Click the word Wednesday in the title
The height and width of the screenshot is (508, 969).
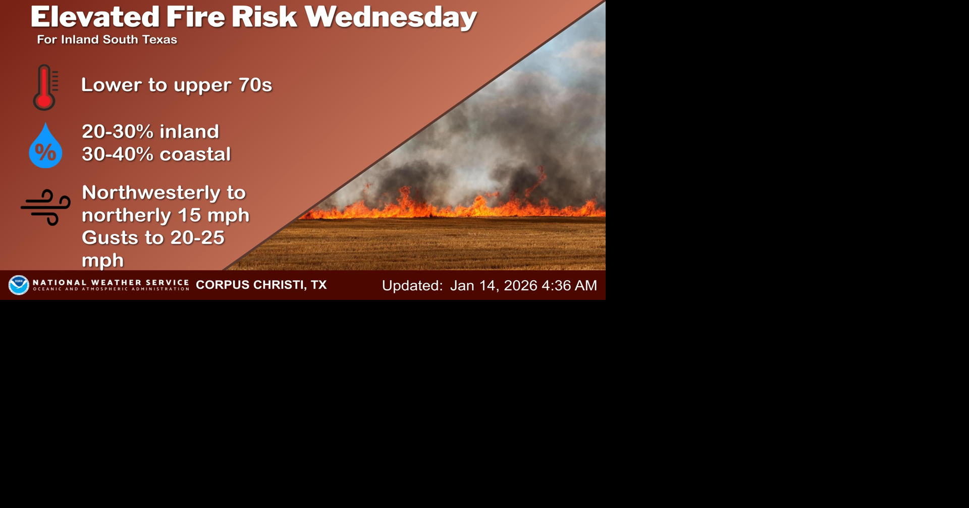point(390,17)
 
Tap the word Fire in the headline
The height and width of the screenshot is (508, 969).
point(195,17)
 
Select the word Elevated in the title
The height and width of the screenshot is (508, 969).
point(95,17)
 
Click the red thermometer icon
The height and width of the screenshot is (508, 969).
point(45,87)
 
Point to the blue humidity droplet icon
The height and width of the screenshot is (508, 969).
point(45,146)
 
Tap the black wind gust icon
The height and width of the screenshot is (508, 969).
point(46,207)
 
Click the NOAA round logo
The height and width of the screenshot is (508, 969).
point(19,285)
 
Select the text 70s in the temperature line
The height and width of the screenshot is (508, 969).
point(255,85)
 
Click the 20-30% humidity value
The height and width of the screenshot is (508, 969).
point(118,132)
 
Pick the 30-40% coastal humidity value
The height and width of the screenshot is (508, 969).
point(118,154)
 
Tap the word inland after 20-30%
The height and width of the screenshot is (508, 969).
point(189,132)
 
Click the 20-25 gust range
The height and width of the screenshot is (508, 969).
point(197,238)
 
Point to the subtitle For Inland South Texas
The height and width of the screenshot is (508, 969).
point(107,40)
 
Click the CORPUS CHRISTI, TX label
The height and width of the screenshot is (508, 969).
point(261,285)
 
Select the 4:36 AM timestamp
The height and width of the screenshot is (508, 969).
point(569,286)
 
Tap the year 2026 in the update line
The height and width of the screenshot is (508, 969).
point(520,286)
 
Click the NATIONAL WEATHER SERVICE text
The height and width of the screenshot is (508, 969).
point(111,283)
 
